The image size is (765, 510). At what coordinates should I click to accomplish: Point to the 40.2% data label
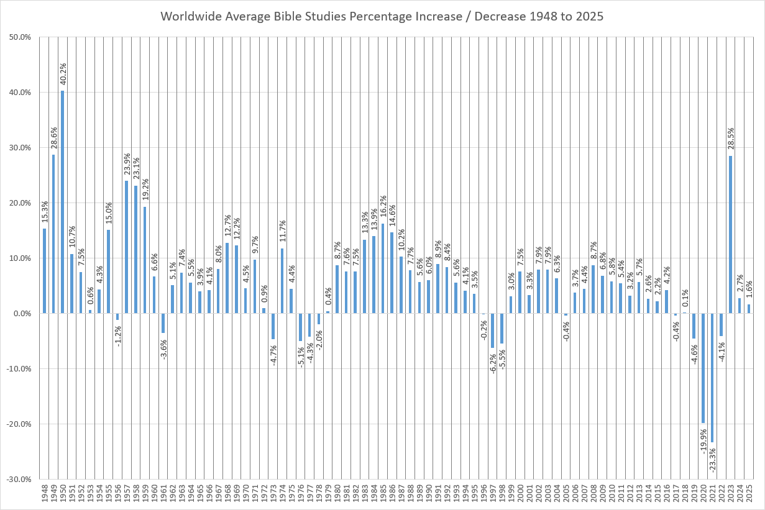click(x=63, y=74)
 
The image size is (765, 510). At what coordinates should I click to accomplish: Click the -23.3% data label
click(x=712, y=458)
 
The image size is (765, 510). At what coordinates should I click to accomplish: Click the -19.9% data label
click(x=703, y=440)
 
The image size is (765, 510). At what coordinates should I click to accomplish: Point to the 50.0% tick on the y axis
click(x=21, y=37)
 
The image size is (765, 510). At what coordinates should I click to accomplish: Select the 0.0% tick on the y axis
click(x=22, y=314)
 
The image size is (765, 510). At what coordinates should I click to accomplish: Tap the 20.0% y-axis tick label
click(x=21, y=203)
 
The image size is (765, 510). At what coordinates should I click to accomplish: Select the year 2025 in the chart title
click(x=589, y=16)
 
